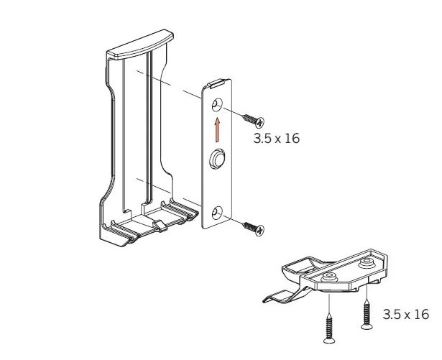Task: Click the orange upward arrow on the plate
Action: [x=217, y=130]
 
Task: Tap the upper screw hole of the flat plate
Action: [x=217, y=105]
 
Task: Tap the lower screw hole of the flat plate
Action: [x=217, y=213]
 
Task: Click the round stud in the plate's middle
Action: [x=217, y=160]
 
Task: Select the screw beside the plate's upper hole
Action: [x=253, y=121]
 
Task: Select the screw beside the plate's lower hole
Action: [x=253, y=229]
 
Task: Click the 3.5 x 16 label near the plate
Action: [x=276, y=139]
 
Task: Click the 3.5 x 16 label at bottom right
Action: [x=406, y=314]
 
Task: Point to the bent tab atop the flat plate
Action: [x=216, y=84]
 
